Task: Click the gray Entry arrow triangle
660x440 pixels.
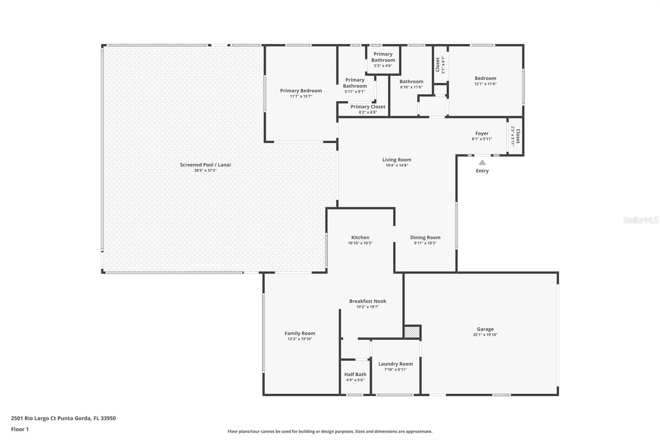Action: tap(482, 163)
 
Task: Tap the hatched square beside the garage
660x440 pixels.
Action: tap(412, 332)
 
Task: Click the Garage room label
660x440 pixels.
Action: tap(485, 329)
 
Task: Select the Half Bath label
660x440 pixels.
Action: tap(355, 374)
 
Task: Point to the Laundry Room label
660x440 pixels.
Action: tap(395, 364)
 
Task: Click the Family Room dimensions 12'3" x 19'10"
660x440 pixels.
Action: tap(300, 339)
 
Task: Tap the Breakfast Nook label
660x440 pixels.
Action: tap(368, 301)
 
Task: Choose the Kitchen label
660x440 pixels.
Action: tap(360, 237)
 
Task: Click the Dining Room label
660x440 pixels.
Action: tap(425, 237)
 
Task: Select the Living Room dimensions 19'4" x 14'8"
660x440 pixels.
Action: tap(396, 166)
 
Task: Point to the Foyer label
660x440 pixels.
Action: tap(482, 133)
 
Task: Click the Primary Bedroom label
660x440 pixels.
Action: tap(301, 90)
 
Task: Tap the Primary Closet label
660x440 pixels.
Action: tap(368, 106)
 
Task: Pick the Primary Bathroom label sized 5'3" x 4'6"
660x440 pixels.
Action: tap(383, 57)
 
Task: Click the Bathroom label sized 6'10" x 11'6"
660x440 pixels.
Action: tap(411, 81)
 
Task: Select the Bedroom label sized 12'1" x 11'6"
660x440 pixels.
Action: tap(485, 78)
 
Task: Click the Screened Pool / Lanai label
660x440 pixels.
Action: tap(205, 165)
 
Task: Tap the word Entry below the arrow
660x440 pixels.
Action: tap(482, 171)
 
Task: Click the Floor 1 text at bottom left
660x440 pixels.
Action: tap(20, 429)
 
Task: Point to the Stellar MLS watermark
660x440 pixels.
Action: tap(640, 220)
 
